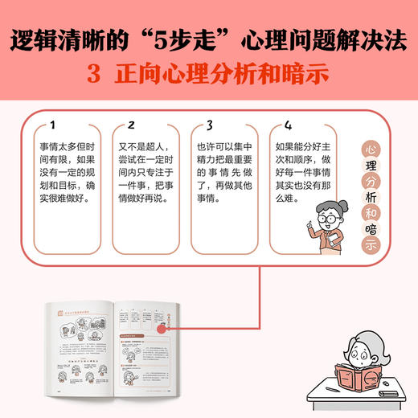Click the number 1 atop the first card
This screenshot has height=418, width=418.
[x=53, y=125]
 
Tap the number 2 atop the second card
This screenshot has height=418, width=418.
[x=131, y=125]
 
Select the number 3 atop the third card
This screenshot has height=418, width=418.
[x=210, y=125]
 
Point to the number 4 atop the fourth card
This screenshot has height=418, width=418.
[x=289, y=125]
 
